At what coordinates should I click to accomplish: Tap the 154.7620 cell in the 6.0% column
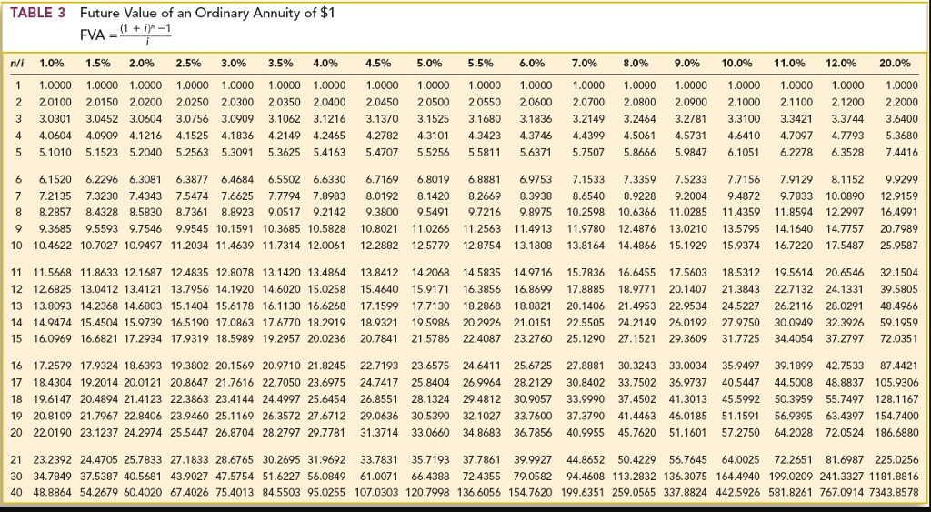[x=529, y=492]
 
